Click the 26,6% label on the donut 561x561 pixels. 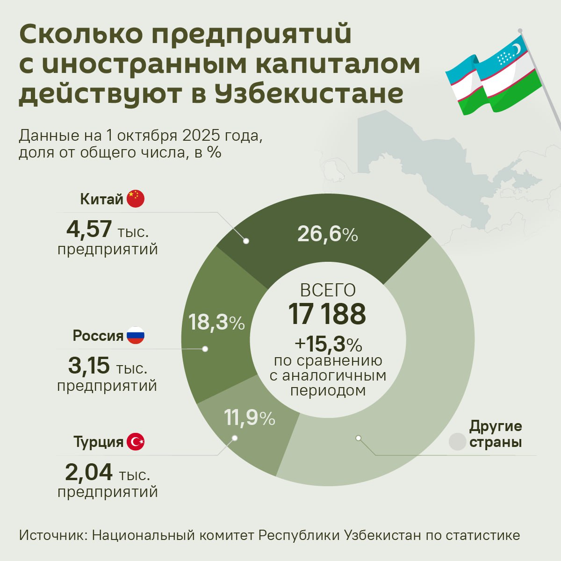(x=327, y=234)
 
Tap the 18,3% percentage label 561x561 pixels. (x=216, y=322)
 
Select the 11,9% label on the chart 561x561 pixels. (x=249, y=418)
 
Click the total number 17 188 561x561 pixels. (x=327, y=314)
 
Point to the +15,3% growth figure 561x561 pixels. (x=328, y=345)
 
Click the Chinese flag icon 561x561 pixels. (x=136, y=199)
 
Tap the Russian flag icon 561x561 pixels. (x=136, y=335)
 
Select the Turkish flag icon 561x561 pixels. (x=136, y=442)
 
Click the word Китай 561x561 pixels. (x=101, y=199)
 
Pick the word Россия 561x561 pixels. (x=98, y=336)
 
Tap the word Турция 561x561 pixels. (x=98, y=442)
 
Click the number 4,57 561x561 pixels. (x=89, y=229)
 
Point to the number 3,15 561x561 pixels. (x=89, y=366)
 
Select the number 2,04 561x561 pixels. (x=89, y=472)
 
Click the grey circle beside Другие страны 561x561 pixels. (x=457, y=442)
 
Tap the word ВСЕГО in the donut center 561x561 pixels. (x=328, y=290)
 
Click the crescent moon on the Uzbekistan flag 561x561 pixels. (x=516, y=49)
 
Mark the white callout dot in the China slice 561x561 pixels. (x=246, y=241)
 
